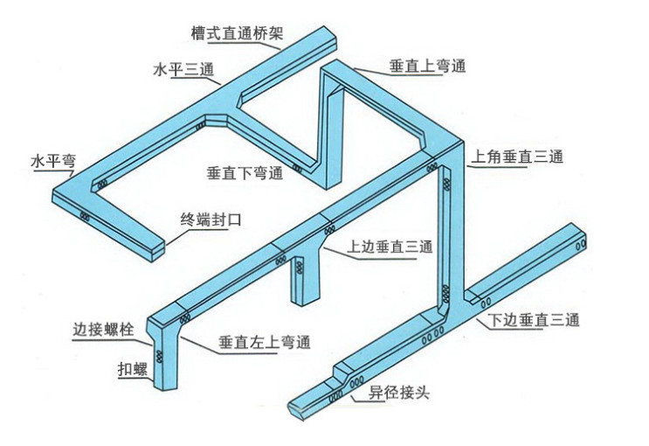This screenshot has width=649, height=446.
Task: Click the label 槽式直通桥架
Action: (238, 33)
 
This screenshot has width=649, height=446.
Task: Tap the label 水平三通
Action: (183, 69)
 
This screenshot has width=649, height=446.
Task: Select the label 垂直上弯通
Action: (427, 66)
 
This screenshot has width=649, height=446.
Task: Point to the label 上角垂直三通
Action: (517, 157)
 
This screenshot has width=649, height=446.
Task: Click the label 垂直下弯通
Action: (245, 172)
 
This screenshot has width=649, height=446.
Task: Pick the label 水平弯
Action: (53, 160)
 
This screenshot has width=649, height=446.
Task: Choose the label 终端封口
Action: (211, 220)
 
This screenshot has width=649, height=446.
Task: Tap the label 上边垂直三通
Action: (390, 247)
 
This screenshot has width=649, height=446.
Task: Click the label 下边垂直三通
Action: (533, 320)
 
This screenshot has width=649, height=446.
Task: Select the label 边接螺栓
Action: (103, 330)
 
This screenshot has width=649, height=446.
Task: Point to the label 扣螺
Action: (133, 369)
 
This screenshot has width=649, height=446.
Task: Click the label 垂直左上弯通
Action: (265, 343)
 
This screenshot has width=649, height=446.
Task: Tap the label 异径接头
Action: (399, 392)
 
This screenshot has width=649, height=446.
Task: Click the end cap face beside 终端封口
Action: (158, 251)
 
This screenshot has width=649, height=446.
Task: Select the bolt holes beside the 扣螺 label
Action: (159, 356)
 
